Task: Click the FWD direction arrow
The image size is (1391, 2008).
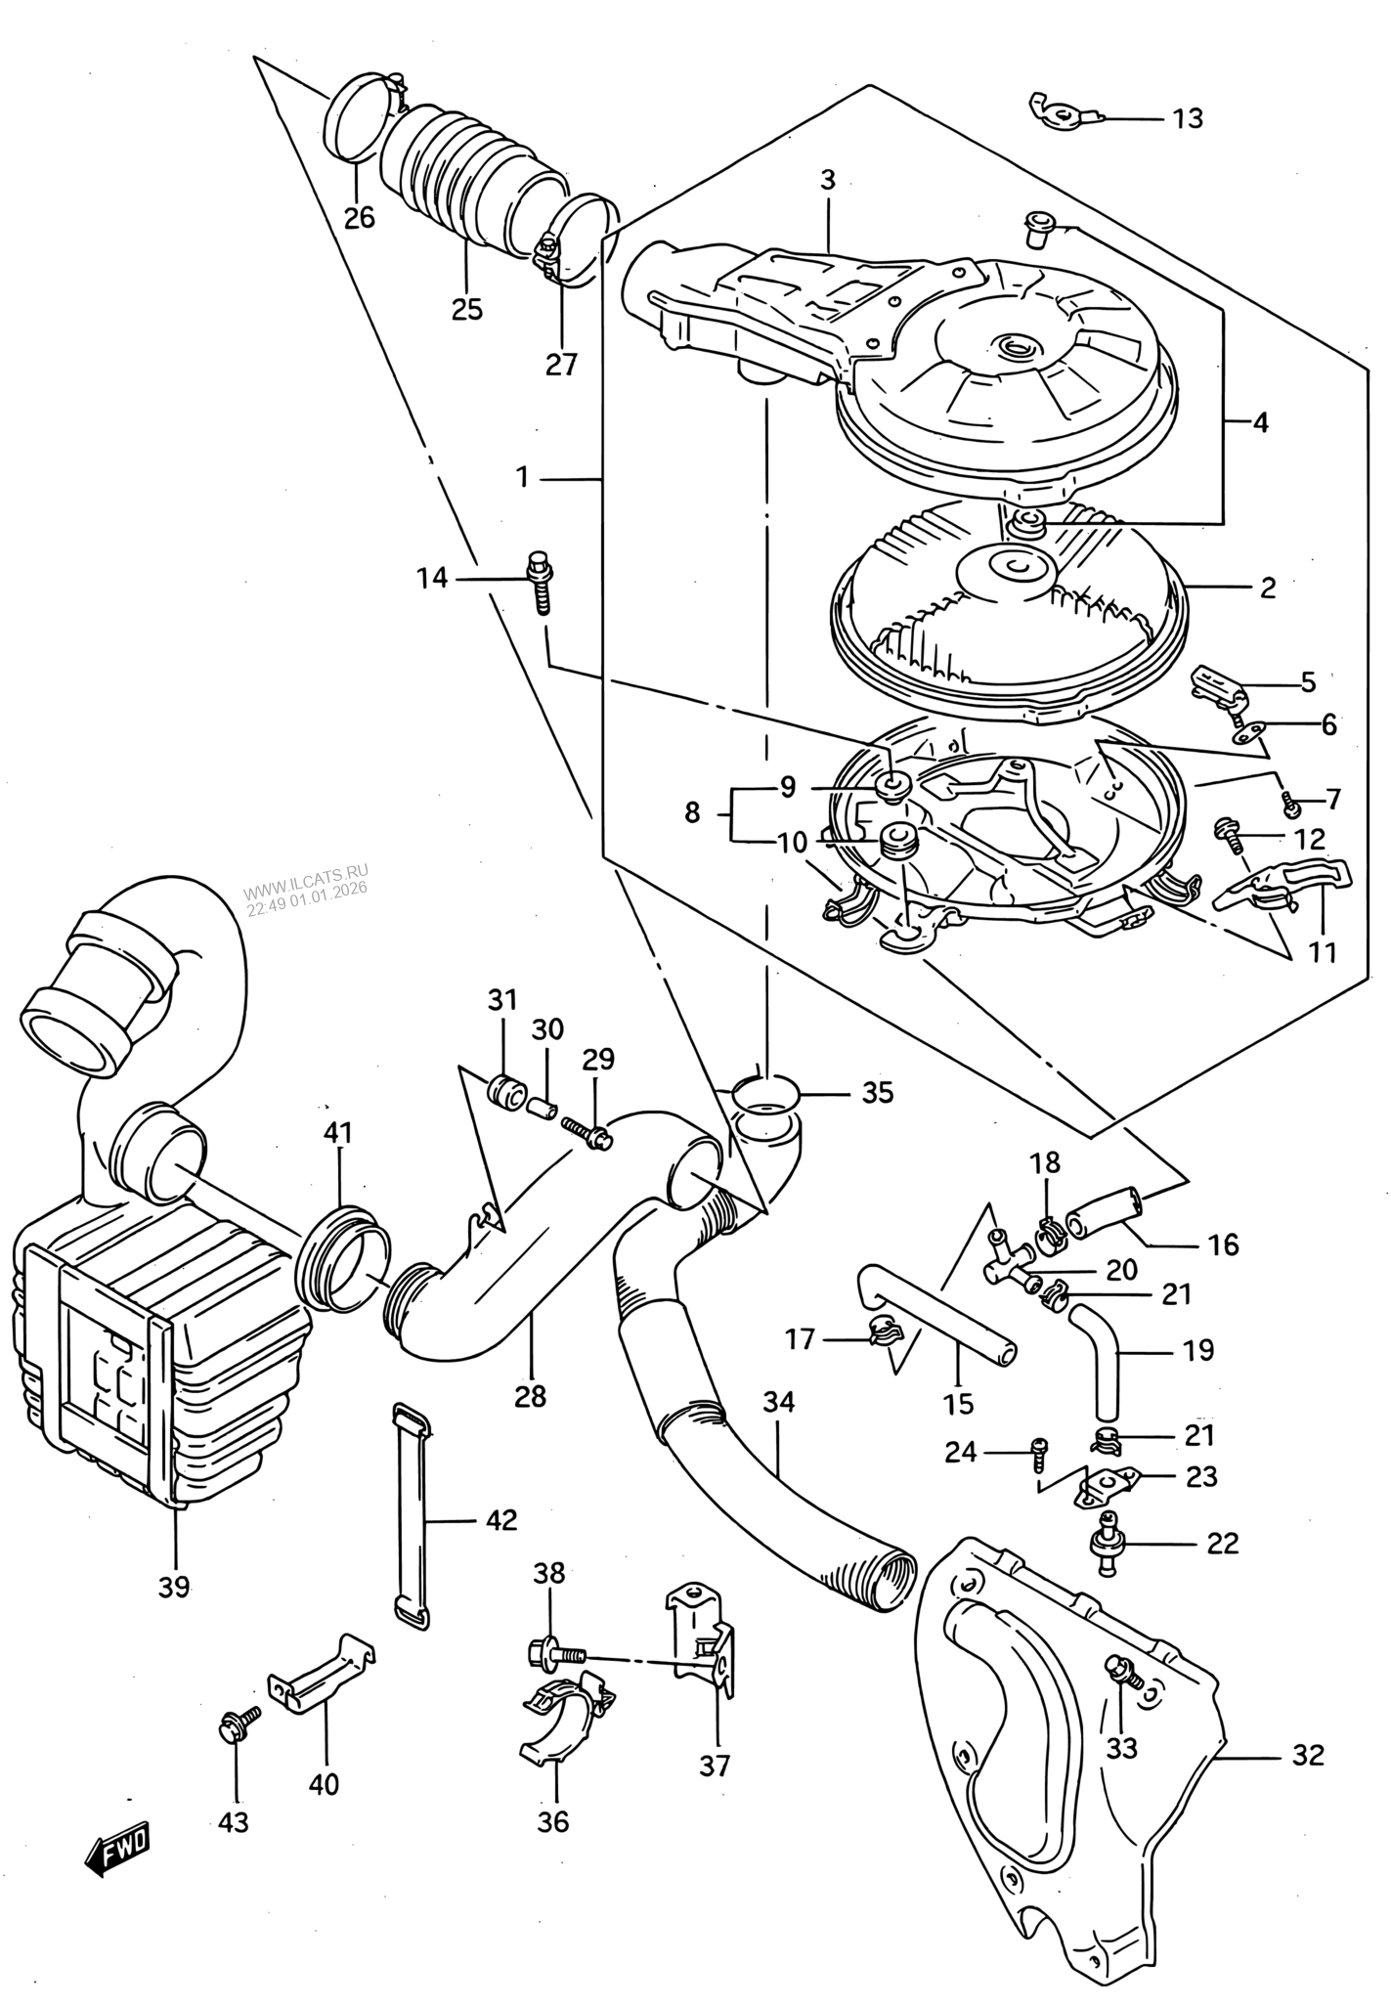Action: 117,1846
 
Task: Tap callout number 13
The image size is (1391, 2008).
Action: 1188,119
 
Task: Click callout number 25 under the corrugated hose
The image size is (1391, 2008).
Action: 467,310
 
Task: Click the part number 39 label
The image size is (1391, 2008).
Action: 174,1587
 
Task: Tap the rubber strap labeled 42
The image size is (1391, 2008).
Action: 412,1516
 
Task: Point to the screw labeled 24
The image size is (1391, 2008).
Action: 1040,1482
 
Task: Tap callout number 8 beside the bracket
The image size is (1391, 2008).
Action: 692,813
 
